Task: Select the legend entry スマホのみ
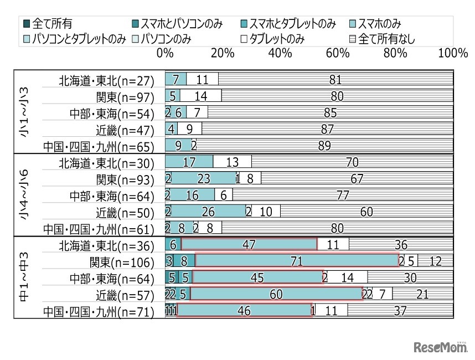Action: pyautogui.click(x=379, y=24)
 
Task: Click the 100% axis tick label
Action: pyautogui.click(x=452, y=54)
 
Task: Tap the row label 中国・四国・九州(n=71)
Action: pyautogui.click(x=98, y=312)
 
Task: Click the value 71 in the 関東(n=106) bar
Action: pyautogui.click(x=297, y=261)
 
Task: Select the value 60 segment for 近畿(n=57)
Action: pyautogui.click(x=276, y=295)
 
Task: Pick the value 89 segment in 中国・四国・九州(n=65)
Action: pyautogui.click(x=324, y=147)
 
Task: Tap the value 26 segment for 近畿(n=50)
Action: pyautogui.click(x=208, y=212)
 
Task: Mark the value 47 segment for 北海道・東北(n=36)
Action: pyautogui.click(x=249, y=245)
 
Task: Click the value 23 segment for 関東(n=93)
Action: pyautogui.click(x=204, y=178)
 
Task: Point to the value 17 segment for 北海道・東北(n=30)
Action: pyautogui.click(x=189, y=162)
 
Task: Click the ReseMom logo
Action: pyautogui.click(x=440, y=347)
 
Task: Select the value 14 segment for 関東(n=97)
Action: pyautogui.click(x=200, y=97)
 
